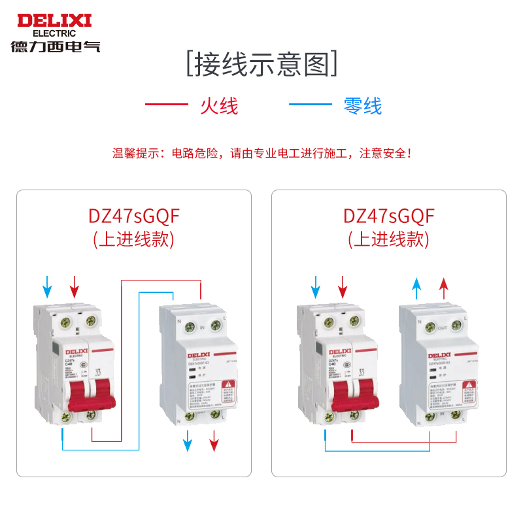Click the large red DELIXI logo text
click(x=54, y=20)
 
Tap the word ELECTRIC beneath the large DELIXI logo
click(x=54, y=33)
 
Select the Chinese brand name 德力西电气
click(x=55, y=46)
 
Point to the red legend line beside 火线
click(x=166, y=105)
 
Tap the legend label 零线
click(x=363, y=105)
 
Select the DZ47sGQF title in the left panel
click(x=134, y=216)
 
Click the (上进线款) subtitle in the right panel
click(x=389, y=240)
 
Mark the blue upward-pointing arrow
click(x=416, y=288)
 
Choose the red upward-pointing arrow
click(x=443, y=288)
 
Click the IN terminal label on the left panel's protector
click(x=202, y=326)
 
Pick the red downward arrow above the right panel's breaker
click(x=342, y=286)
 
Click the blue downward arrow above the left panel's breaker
click(x=47, y=286)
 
